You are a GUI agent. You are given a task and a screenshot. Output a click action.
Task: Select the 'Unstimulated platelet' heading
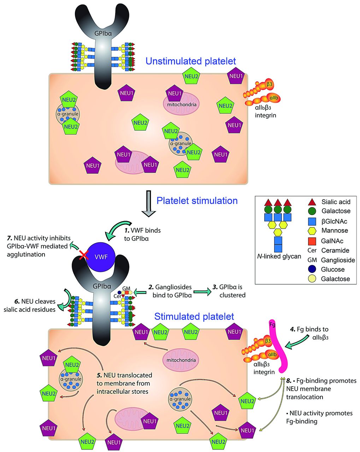pyautogui.click(x=190, y=61)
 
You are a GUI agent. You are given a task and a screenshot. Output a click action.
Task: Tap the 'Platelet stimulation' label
pyautogui.click(x=197, y=201)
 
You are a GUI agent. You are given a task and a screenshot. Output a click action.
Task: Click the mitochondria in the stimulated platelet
pyautogui.click(x=179, y=361)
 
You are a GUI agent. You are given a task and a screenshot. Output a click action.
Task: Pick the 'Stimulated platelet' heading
pyautogui.click(x=194, y=316)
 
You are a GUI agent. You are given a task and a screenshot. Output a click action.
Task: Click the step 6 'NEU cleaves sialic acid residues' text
pyautogui.click(x=30, y=306)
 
